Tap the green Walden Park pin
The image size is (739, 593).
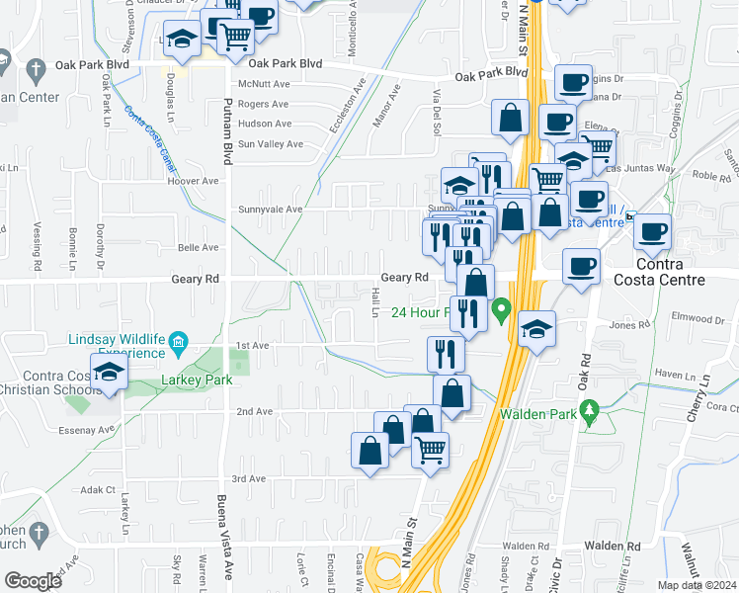click(x=591, y=409)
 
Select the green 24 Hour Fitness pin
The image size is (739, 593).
click(x=501, y=313)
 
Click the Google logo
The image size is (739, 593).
click(x=33, y=581)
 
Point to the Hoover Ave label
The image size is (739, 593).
click(x=194, y=182)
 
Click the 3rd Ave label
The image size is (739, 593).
click(x=249, y=478)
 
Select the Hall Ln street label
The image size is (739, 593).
click(x=375, y=302)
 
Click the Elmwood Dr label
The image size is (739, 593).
click(x=698, y=319)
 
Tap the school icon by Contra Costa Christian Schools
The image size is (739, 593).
click(x=109, y=372)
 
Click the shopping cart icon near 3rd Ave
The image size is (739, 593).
click(x=431, y=450)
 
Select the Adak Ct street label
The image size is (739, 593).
click(x=98, y=489)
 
